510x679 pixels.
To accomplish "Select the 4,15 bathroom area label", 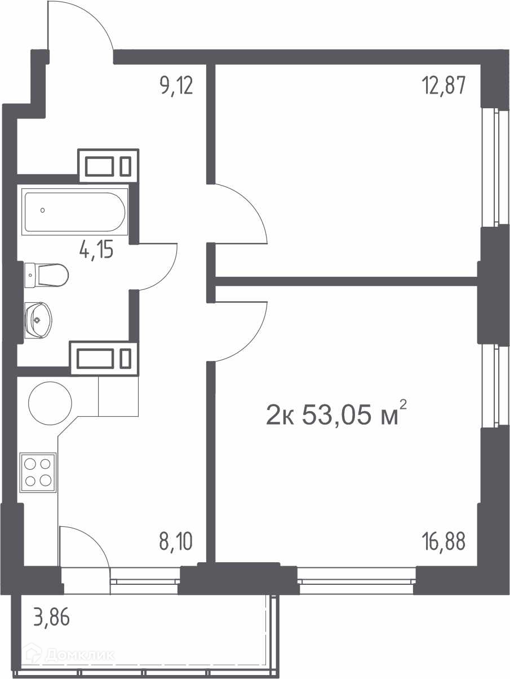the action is pyautogui.click(x=96, y=249).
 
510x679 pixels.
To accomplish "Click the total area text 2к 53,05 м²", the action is pyautogui.click(x=336, y=415).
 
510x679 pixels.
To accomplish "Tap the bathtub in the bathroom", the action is pyautogui.click(x=74, y=211).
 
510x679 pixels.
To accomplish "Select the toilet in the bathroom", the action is pyautogui.click(x=46, y=275).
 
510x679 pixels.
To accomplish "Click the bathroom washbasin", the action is pyautogui.click(x=38, y=320).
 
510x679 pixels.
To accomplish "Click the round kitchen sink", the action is pyautogui.click(x=50, y=403).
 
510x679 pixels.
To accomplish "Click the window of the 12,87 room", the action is pyautogui.click(x=496, y=167).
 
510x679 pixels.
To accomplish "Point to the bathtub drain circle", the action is pyautogui.click(x=42, y=210).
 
